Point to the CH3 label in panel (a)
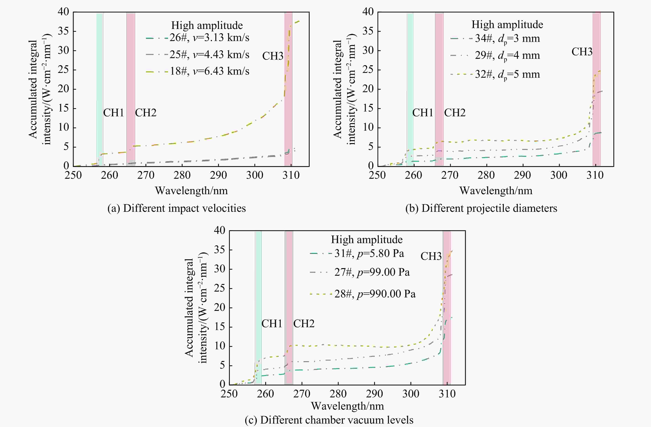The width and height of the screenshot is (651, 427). (x=272, y=56)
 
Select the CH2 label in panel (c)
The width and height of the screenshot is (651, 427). (x=304, y=324)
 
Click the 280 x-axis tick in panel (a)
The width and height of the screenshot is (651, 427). (x=182, y=175)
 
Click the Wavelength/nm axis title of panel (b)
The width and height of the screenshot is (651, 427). (x=496, y=191)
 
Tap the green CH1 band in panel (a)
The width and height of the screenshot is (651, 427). (x=100, y=82)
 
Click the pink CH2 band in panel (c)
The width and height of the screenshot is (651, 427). (x=289, y=301)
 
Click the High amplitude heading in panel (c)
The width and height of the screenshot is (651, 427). (x=366, y=240)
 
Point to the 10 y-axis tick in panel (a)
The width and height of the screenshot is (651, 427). (x=63, y=128)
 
